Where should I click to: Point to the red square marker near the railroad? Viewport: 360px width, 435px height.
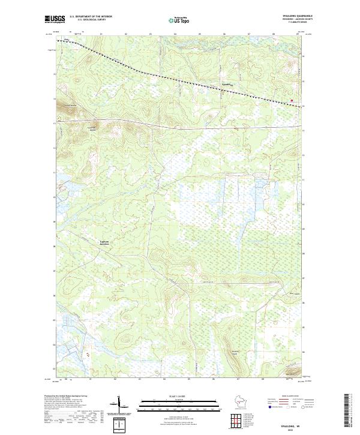point(292,100)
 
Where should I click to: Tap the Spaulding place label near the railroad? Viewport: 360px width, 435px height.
point(226,83)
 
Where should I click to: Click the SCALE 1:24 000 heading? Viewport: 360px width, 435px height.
point(179,396)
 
